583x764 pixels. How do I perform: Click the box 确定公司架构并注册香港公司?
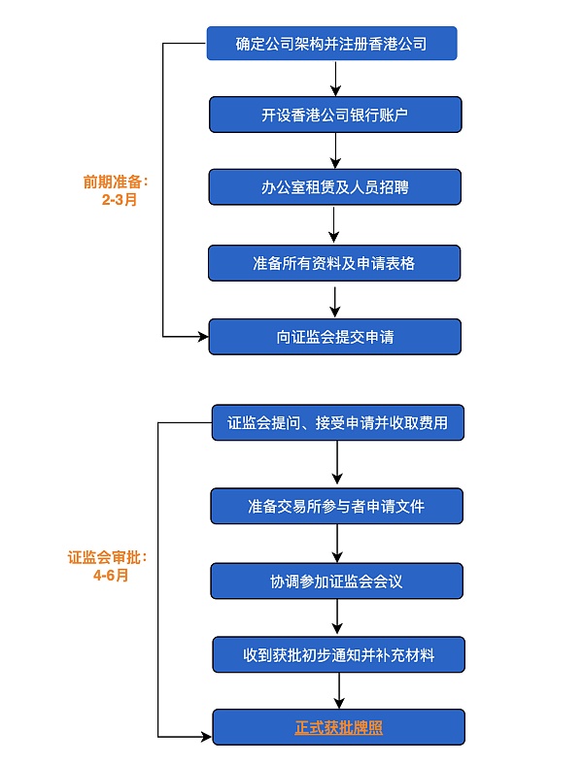tap(331, 44)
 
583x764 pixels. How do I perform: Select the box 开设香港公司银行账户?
tap(334, 116)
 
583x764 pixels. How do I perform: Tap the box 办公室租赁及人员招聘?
tap(334, 187)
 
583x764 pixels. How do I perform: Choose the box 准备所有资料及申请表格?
tap(334, 263)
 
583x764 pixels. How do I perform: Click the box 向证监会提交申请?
tap(334, 337)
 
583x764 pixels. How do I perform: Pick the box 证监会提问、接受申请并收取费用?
tap(337, 423)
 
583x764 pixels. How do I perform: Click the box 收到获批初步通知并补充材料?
tap(337, 655)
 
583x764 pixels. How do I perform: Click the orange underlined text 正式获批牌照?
tap(338, 727)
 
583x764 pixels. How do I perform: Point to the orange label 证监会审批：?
tap(108, 558)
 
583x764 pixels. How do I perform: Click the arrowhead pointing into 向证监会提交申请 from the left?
tap(203, 337)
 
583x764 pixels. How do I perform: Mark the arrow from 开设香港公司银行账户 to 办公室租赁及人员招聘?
tap(334, 150)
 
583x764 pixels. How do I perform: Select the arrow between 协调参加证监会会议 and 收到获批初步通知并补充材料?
tap(338, 618)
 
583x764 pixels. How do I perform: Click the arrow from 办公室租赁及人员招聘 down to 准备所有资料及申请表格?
tap(334, 224)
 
